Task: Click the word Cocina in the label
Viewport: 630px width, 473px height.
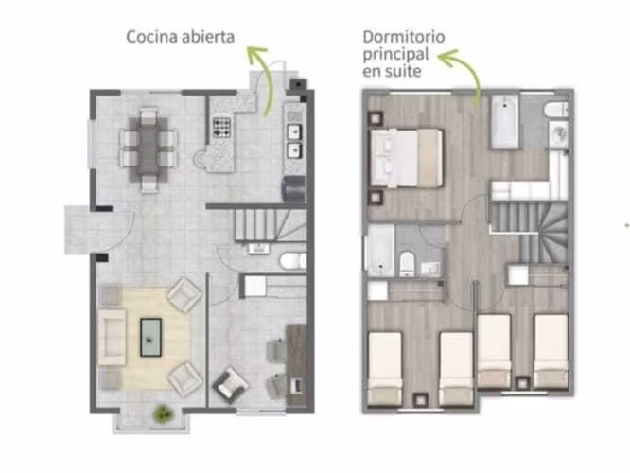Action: [152, 37]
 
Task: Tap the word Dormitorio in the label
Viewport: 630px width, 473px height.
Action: [404, 37]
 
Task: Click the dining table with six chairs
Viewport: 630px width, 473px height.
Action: [149, 149]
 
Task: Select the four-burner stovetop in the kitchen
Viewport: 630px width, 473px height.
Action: [221, 128]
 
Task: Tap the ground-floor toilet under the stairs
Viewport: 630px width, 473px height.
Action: [292, 261]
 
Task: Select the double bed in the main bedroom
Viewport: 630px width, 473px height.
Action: [406, 158]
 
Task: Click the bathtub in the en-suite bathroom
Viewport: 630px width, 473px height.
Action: [504, 121]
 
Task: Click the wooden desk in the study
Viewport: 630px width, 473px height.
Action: [296, 365]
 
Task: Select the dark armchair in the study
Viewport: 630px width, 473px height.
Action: [230, 385]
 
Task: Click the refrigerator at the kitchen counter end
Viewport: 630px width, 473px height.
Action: [294, 189]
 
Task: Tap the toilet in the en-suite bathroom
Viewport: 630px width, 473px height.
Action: [557, 110]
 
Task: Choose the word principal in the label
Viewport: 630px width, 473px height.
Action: [390, 55]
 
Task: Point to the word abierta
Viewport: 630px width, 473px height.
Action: [208, 37]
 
